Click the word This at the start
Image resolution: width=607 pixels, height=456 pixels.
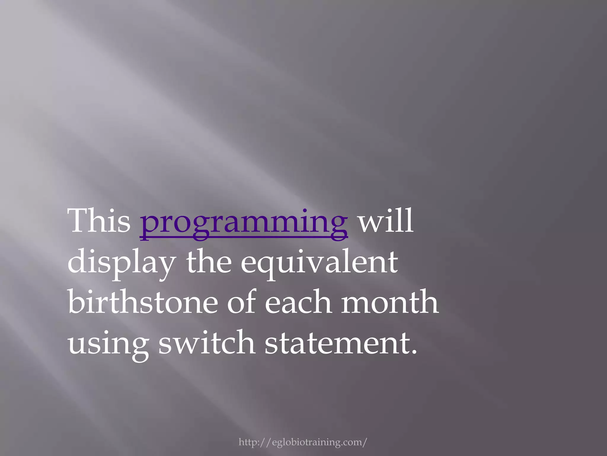tap(99, 221)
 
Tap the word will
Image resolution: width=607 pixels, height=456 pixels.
tap(386, 221)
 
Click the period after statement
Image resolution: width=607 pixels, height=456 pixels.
tap(414, 352)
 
